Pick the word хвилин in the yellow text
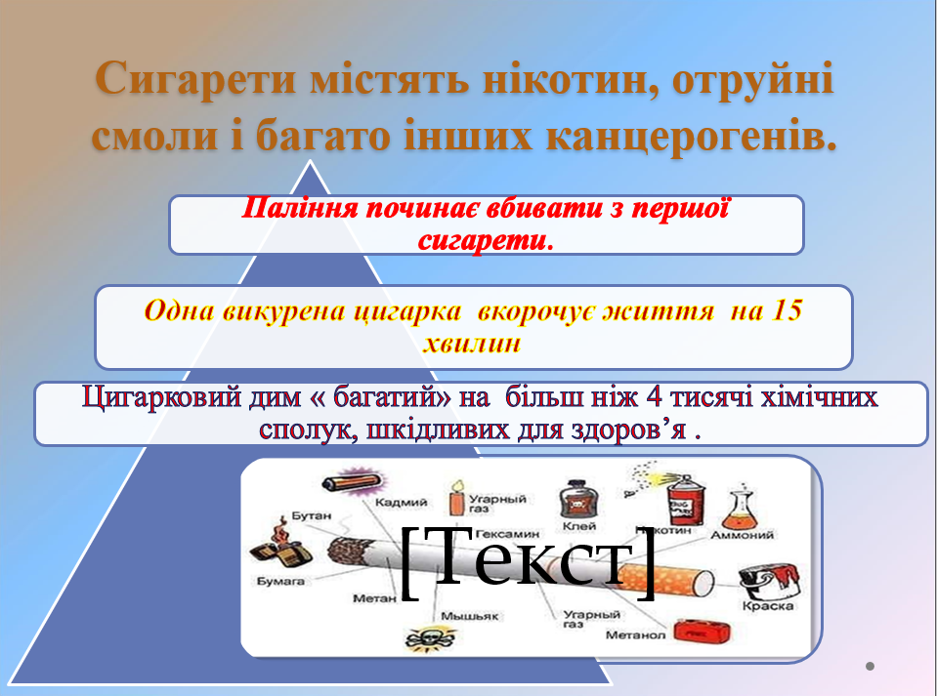pos(473,343)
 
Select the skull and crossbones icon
pos(423,639)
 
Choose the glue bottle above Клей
pos(574,504)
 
